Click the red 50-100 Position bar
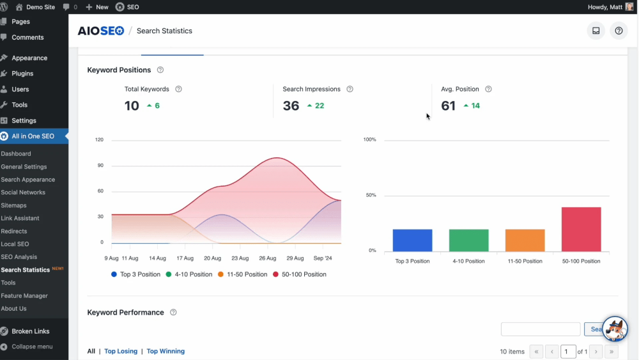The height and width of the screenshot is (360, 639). [x=581, y=229]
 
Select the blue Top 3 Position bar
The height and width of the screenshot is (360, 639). [x=412, y=240]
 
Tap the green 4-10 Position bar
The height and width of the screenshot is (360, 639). [x=468, y=240]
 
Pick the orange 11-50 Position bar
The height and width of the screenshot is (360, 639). [x=525, y=240]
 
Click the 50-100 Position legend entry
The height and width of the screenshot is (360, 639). [x=300, y=274]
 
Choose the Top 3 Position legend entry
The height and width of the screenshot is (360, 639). [x=135, y=274]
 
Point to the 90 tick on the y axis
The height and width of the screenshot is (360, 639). [x=100, y=165]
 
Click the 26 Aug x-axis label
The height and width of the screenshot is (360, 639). [x=267, y=258]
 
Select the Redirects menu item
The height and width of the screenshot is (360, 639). [x=14, y=231]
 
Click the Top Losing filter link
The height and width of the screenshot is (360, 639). [x=121, y=351]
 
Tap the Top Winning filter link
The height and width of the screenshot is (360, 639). [x=166, y=351]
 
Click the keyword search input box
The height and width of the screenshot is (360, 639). [x=541, y=329]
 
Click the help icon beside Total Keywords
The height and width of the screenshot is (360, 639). [x=178, y=89]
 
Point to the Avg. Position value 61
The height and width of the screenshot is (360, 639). [x=449, y=106]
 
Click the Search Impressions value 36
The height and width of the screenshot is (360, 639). [x=291, y=106]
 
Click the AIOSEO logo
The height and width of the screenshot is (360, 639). [x=101, y=31]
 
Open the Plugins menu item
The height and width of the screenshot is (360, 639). [x=22, y=74]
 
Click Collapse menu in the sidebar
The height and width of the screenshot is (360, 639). [x=31, y=347]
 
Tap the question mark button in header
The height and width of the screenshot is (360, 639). [x=619, y=31]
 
